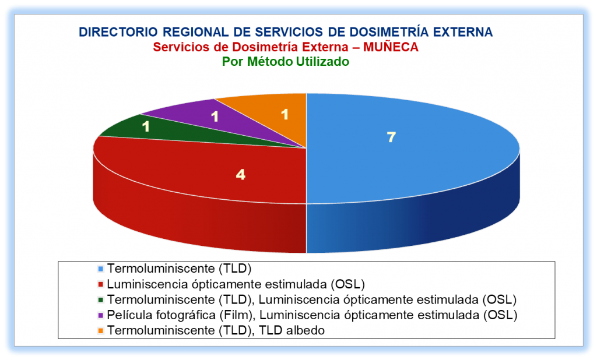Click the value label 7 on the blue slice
(391, 137)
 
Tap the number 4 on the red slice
(241, 175)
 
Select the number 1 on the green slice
(146, 126)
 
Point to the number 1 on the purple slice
(215, 117)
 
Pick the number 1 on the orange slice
(285, 114)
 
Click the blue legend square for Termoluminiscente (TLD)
(101, 269)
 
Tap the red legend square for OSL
(101, 284)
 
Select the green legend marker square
(101, 300)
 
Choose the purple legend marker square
(101, 316)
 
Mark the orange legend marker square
(101, 331)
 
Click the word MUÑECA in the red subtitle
(391, 47)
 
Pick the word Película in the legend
(130, 315)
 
